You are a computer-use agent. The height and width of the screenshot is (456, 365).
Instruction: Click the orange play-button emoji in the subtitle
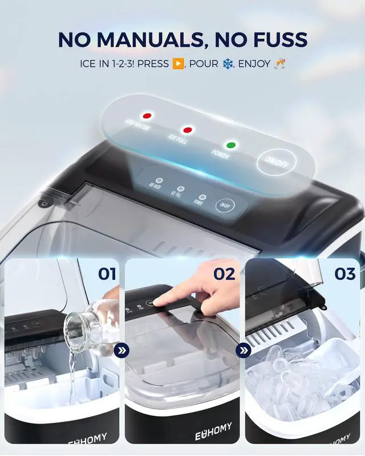pyautogui.click(x=178, y=63)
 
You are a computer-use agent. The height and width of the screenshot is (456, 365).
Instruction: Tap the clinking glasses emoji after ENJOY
pyautogui.click(x=280, y=63)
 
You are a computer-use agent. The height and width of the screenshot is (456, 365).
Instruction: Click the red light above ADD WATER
pyautogui.click(x=147, y=116)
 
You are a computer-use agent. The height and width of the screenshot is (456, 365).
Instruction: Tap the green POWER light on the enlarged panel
pyautogui.click(x=231, y=145)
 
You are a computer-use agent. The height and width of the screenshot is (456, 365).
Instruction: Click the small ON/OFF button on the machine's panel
pyautogui.click(x=224, y=205)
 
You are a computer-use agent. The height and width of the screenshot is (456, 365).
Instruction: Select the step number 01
pyautogui.click(x=107, y=274)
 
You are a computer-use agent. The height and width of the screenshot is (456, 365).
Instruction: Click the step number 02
pyautogui.click(x=224, y=274)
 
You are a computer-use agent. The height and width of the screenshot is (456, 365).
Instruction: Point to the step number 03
pyautogui.click(x=344, y=274)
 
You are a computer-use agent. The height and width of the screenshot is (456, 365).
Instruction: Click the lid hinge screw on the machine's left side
pyautogui.click(x=43, y=204)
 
